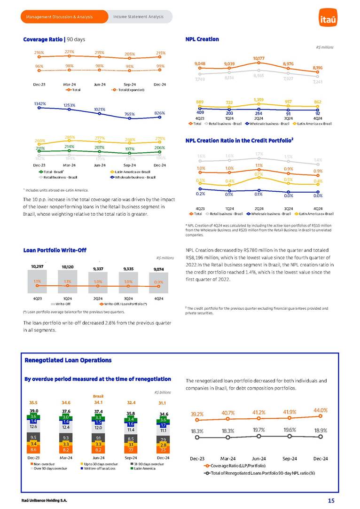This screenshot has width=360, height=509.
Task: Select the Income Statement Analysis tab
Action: pyautogui.click(x=138, y=17)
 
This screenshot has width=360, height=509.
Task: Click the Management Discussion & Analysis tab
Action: pyautogui.click(x=59, y=17)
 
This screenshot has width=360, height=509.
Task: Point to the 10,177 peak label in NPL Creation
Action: pyautogui.click(x=259, y=58)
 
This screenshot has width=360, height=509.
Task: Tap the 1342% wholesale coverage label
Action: pyautogui.click(x=39, y=103)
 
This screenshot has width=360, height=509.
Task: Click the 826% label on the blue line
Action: pyautogui.click(x=160, y=113)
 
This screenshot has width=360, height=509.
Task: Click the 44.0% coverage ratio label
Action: pyautogui.click(x=320, y=410)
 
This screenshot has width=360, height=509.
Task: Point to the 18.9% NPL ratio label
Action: pyautogui.click(x=320, y=430)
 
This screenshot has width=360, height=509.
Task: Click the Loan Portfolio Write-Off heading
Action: pyautogui.click(x=55, y=250)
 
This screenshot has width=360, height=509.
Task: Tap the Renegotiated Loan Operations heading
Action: pyautogui.click(x=68, y=360)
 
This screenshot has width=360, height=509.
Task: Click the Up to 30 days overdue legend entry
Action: pyautogui.click(x=101, y=464)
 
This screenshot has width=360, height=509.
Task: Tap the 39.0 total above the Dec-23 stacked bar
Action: pyautogui.click(x=33, y=410)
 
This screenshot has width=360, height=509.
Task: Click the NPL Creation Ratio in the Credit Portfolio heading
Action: pyautogui.click(x=240, y=140)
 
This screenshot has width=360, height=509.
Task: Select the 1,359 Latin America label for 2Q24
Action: pyautogui.click(x=258, y=100)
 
